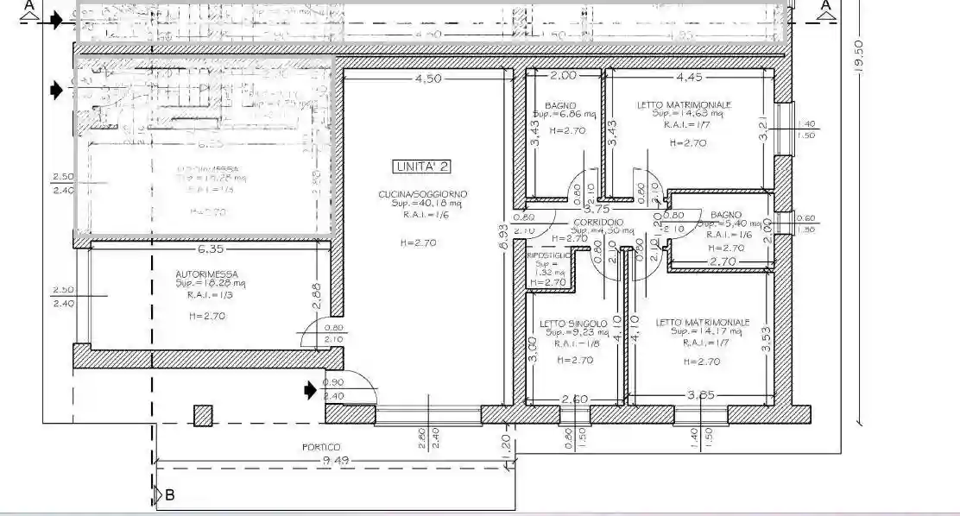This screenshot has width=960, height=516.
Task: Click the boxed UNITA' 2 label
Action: tap(421, 166)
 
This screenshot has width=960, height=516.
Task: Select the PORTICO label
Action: tap(320, 447)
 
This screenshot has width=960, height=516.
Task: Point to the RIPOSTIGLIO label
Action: tap(548, 255)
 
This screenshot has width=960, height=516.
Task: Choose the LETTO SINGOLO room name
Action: tap(574, 324)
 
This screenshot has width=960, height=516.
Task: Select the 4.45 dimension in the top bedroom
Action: tap(689, 77)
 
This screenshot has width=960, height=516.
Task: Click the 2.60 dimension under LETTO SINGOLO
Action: tap(574, 399)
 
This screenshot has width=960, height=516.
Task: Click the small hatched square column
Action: tap(203, 416)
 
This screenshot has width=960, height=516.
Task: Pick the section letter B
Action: tap(170, 495)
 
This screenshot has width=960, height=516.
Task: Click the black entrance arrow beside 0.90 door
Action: tap(311, 390)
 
